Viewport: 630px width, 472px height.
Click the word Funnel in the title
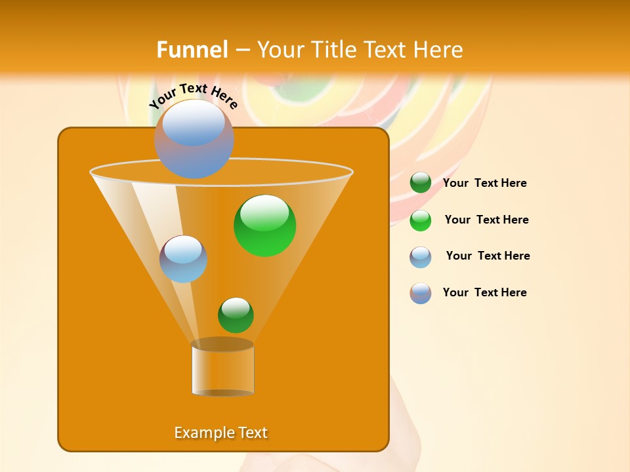tap(192, 50)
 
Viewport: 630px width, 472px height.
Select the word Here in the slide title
tap(438, 50)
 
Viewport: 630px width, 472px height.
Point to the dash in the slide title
tap(242, 50)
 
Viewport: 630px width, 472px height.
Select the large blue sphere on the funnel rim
tap(194, 138)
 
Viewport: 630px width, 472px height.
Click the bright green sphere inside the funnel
tap(264, 225)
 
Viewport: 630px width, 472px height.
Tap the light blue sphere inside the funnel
tap(183, 259)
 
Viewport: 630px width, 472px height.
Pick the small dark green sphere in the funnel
tap(236, 315)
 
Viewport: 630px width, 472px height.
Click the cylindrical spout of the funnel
tap(222, 368)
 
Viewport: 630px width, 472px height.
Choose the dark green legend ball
tap(421, 182)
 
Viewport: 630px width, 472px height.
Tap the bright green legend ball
tap(421, 220)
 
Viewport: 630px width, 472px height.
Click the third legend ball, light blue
tap(421, 257)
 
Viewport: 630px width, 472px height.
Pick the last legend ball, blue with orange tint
tap(421, 293)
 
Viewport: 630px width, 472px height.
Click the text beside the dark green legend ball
tap(484, 183)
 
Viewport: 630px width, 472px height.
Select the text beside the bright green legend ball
tap(486, 220)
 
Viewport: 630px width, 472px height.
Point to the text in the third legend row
tap(488, 256)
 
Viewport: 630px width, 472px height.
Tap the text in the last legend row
tap(484, 292)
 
